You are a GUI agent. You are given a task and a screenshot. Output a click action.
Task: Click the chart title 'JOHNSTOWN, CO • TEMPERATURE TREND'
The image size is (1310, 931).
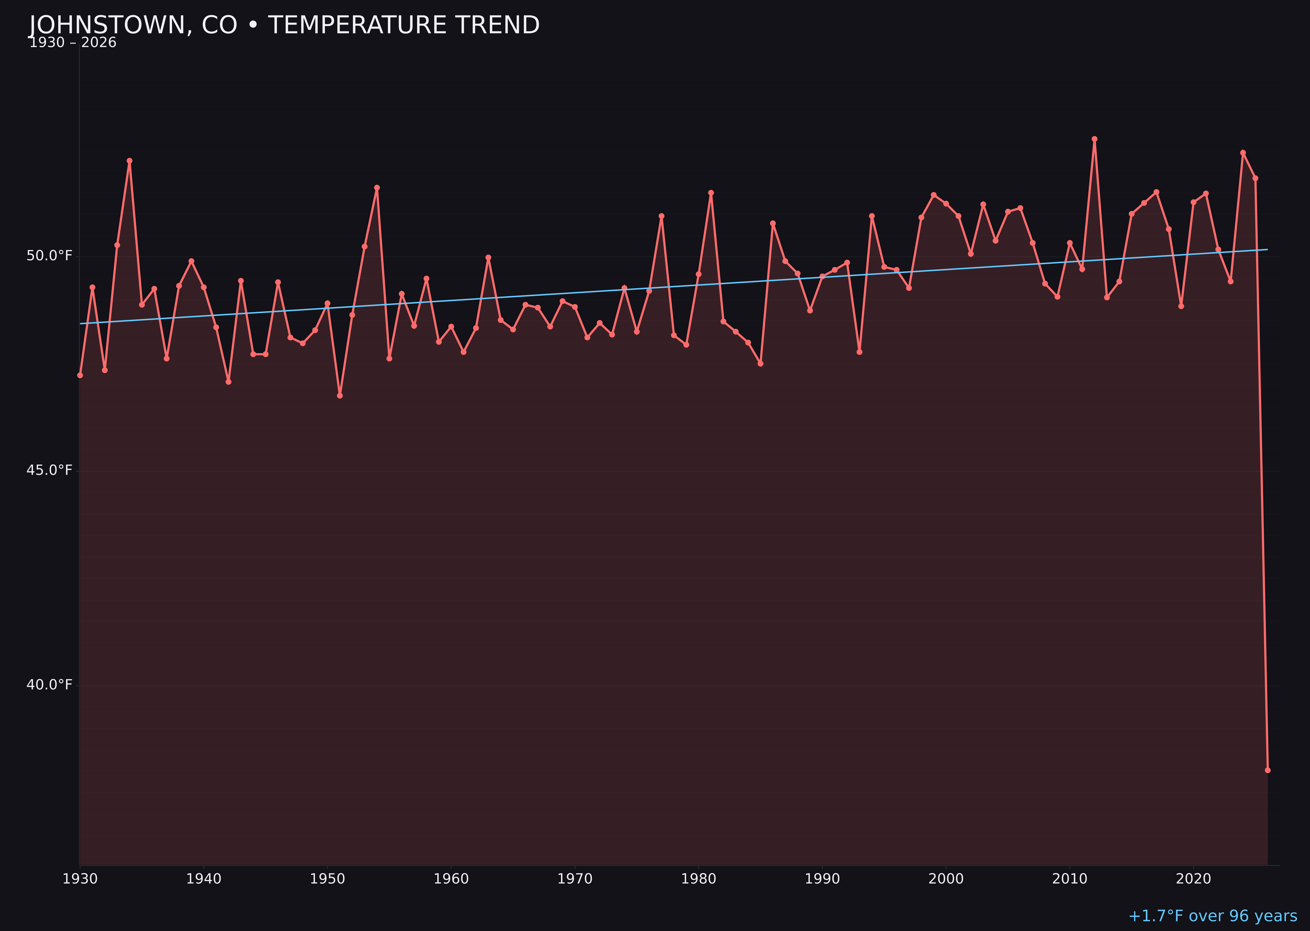(x=284, y=25)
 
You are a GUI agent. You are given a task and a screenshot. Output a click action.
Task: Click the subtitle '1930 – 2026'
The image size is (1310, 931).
(x=73, y=43)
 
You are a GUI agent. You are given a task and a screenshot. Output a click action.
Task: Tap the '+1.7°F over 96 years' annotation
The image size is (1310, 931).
(x=1212, y=916)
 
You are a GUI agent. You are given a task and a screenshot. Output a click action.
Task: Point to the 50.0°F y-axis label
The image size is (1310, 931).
(x=49, y=256)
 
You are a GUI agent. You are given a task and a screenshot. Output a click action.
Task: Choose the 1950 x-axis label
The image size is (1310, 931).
(x=327, y=879)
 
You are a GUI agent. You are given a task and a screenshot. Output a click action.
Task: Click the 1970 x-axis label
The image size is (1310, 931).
(x=575, y=879)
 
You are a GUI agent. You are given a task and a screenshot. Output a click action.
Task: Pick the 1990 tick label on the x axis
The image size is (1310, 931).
(x=822, y=879)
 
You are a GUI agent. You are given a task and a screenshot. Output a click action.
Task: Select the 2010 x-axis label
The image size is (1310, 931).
(x=1070, y=879)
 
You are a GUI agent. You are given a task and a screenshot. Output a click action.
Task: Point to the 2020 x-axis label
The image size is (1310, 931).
(x=1193, y=879)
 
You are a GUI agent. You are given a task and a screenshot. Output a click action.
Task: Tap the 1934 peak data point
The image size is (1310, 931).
(x=130, y=161)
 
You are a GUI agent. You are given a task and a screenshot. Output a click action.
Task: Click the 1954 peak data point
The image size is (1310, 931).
(x=377, y=188)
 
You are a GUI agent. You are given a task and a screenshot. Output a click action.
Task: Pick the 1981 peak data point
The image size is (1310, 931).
(x=711, y=192)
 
